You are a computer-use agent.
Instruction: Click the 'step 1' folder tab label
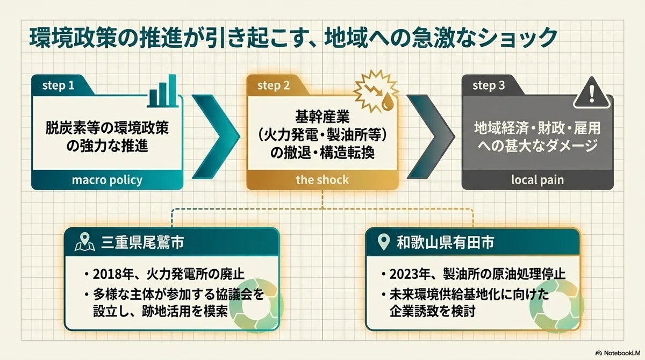[58, 85]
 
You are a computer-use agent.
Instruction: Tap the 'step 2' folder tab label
[273, 85]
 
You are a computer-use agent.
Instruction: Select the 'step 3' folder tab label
[489, 85]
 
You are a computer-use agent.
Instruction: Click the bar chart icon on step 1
[163, 91]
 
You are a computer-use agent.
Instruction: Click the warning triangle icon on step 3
[591, 93]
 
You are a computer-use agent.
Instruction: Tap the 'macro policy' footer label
[107, 180]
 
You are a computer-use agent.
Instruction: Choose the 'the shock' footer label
[322, 180]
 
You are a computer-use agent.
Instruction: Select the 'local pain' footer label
[537, 180]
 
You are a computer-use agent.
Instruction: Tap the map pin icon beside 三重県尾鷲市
[85, 242]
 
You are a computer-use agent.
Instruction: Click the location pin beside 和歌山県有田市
[384, 242]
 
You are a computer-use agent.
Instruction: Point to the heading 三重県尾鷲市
[142, 242]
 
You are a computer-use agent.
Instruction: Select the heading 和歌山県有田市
[445, 242]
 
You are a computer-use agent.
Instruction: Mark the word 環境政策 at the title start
[73, 38]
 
